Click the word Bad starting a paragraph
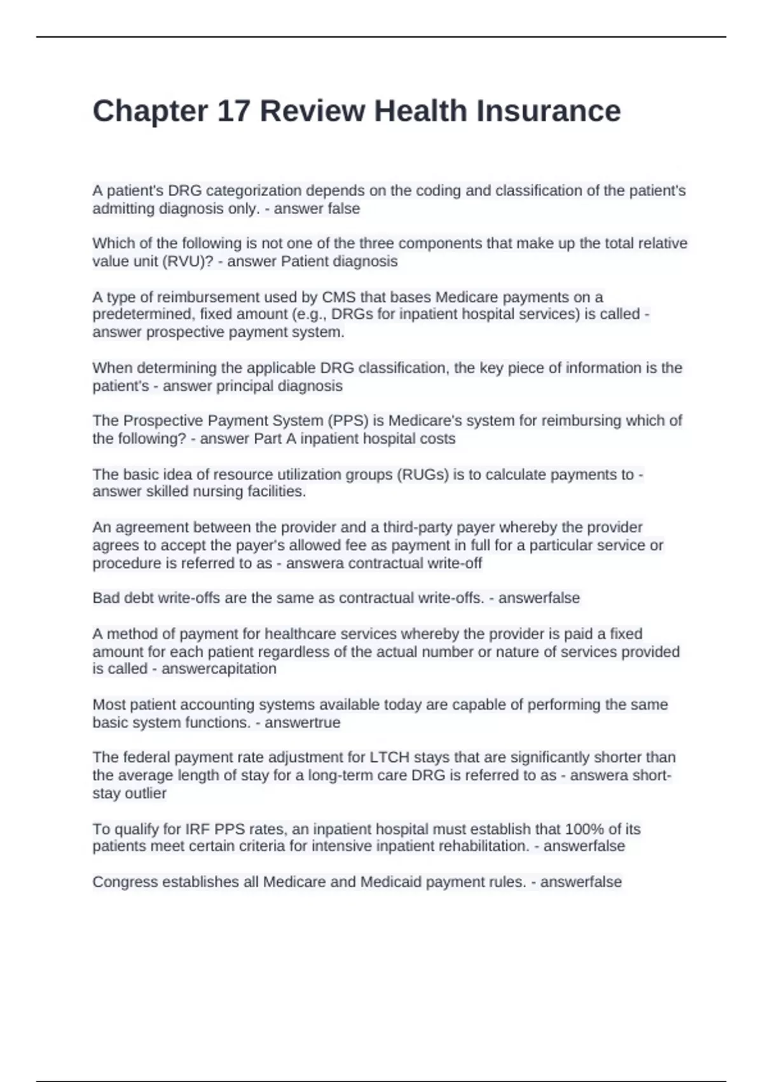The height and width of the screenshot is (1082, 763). (x=106, y=598)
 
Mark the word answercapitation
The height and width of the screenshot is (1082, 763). (x=219, y=669)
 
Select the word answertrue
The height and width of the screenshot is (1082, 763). (x=302, y=723)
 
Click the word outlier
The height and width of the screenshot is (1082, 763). (x=146, y=794)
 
